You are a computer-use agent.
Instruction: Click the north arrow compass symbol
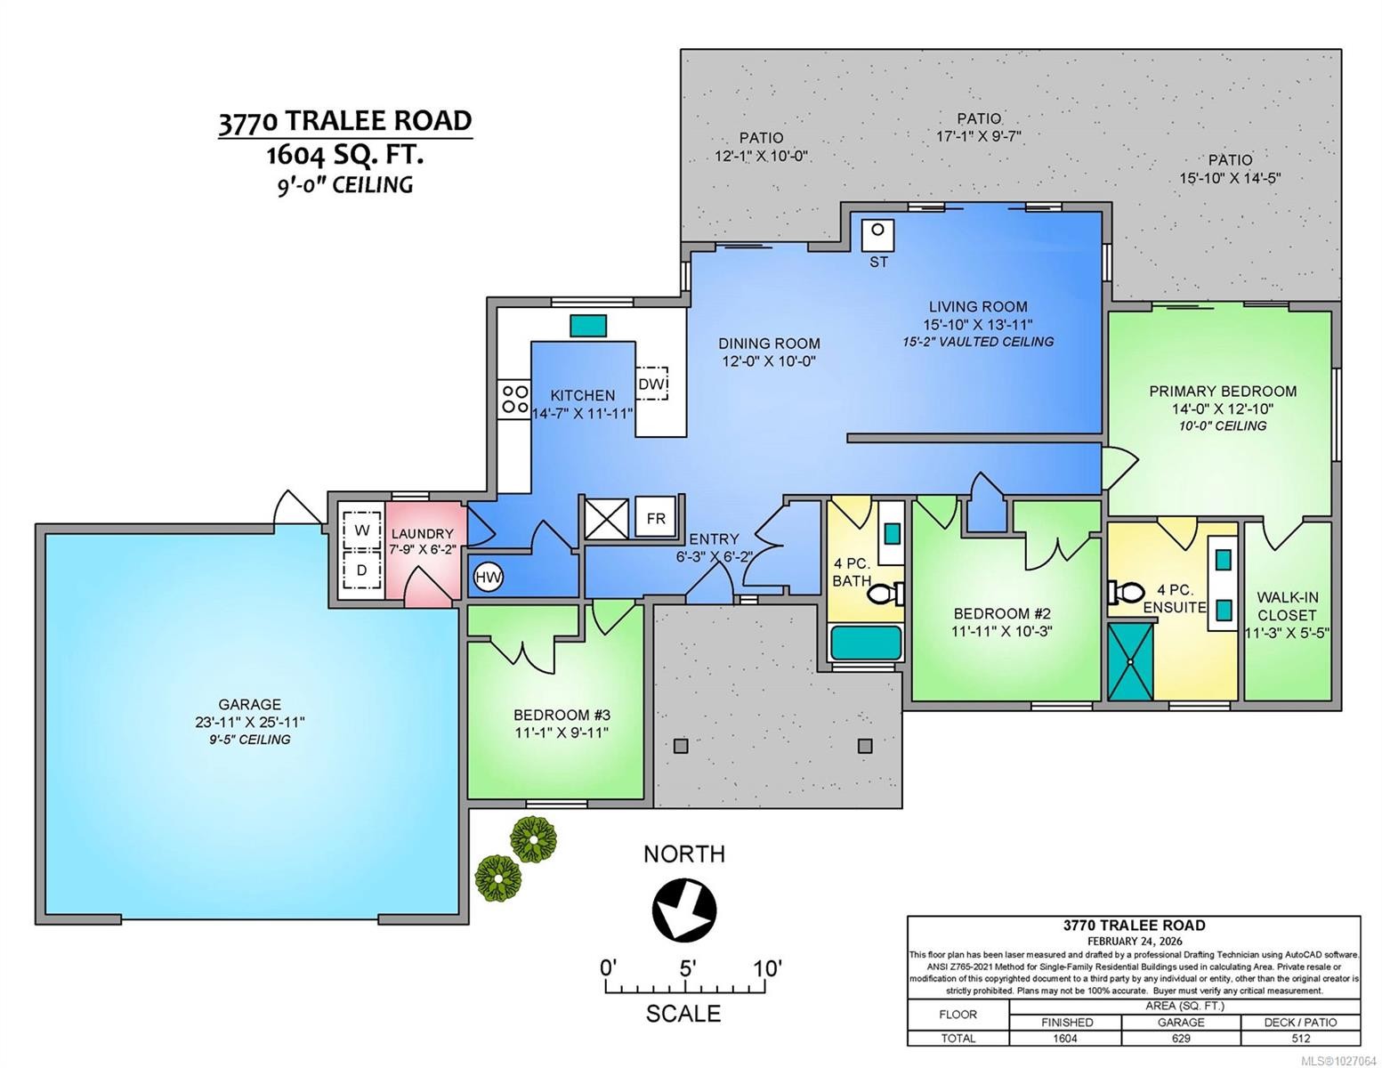coord(683,909)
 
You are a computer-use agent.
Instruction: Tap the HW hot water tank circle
coord(488,578)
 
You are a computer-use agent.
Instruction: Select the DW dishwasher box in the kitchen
coord(651,384)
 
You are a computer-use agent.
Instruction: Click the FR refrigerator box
coord(655,519)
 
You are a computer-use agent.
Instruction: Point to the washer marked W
coord(361,530)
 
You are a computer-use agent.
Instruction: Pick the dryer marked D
coord(361,570)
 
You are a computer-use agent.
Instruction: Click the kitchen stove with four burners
coord(514,397)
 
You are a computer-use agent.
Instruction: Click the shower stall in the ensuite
coord(1130,661)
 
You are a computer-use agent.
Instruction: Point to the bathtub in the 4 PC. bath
coord(866,643)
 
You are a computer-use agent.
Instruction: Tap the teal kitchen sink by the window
coord(587,325)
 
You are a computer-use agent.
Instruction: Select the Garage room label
coord(250,704)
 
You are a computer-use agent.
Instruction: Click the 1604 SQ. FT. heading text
coord(344,155)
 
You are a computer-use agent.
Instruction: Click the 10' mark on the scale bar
coord(765,967)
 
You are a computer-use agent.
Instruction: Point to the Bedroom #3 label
coord(562,715)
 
